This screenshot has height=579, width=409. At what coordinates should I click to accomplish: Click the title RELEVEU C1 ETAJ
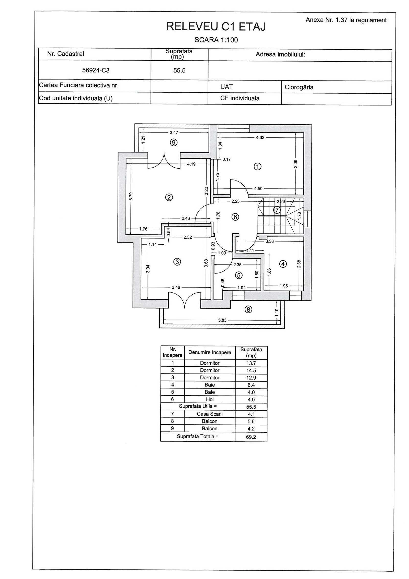click(x=216, y=27)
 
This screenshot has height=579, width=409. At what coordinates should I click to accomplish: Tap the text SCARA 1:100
click(x=216, y=40)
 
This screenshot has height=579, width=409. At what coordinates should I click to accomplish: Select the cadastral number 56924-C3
click(x=96, y=70)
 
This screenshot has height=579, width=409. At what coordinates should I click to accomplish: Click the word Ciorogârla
click(x=299, y=87)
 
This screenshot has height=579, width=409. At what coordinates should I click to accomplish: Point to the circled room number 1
click(x=257, y=167)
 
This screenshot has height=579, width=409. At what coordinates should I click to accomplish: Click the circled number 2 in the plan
click(x=169, y=197)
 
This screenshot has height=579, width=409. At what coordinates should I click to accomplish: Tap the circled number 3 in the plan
click(x=177, y=261)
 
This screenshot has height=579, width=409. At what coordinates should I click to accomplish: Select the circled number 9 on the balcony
click(x=174, y=143)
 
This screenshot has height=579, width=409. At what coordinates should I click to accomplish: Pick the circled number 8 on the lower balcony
click(x=248, y=310)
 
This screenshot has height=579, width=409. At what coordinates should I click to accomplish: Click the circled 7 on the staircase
click(x=277, y=210)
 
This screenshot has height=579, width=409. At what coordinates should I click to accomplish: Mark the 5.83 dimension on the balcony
click(x=222, y=320)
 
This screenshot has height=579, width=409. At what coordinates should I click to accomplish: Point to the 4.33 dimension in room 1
click(x=260, y=138)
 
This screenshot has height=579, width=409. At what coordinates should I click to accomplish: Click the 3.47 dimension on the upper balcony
click(x=174, y=133)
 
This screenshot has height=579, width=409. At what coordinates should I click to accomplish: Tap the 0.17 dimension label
click(x=226, y=159)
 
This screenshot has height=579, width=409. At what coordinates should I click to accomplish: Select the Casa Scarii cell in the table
click(x=210, y=414)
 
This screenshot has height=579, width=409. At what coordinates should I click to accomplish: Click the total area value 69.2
click(x=251, y=437)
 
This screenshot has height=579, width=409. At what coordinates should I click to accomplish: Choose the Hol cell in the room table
click(x=210, y=399)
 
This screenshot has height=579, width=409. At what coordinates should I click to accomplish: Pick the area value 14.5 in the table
click(x=251, y=370)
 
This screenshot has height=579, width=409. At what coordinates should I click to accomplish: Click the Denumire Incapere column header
click(x=210, y=352)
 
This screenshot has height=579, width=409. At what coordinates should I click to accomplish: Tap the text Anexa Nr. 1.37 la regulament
click(x=346, y=20)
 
